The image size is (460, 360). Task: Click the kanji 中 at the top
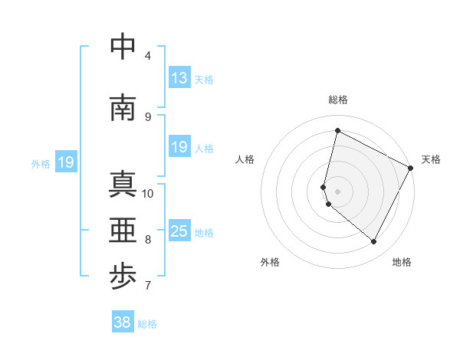[123, 47]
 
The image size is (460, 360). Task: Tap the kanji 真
[123, 185]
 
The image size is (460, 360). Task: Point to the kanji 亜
[123, 231]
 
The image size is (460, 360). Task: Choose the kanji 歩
[123, 277]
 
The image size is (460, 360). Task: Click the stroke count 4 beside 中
[148, 55]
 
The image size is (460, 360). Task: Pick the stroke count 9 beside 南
[148, 116]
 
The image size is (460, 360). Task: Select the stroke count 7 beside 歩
[148, 286]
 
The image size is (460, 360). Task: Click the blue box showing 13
[179, 78]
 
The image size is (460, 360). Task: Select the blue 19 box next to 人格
[179, 147]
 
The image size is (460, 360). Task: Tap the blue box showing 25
[179, 231]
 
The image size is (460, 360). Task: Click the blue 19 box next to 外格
[65, 162]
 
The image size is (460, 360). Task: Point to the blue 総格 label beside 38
[148, 324]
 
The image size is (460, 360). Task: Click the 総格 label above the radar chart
[338, 100]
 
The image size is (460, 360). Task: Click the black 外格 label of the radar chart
[270, 262]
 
